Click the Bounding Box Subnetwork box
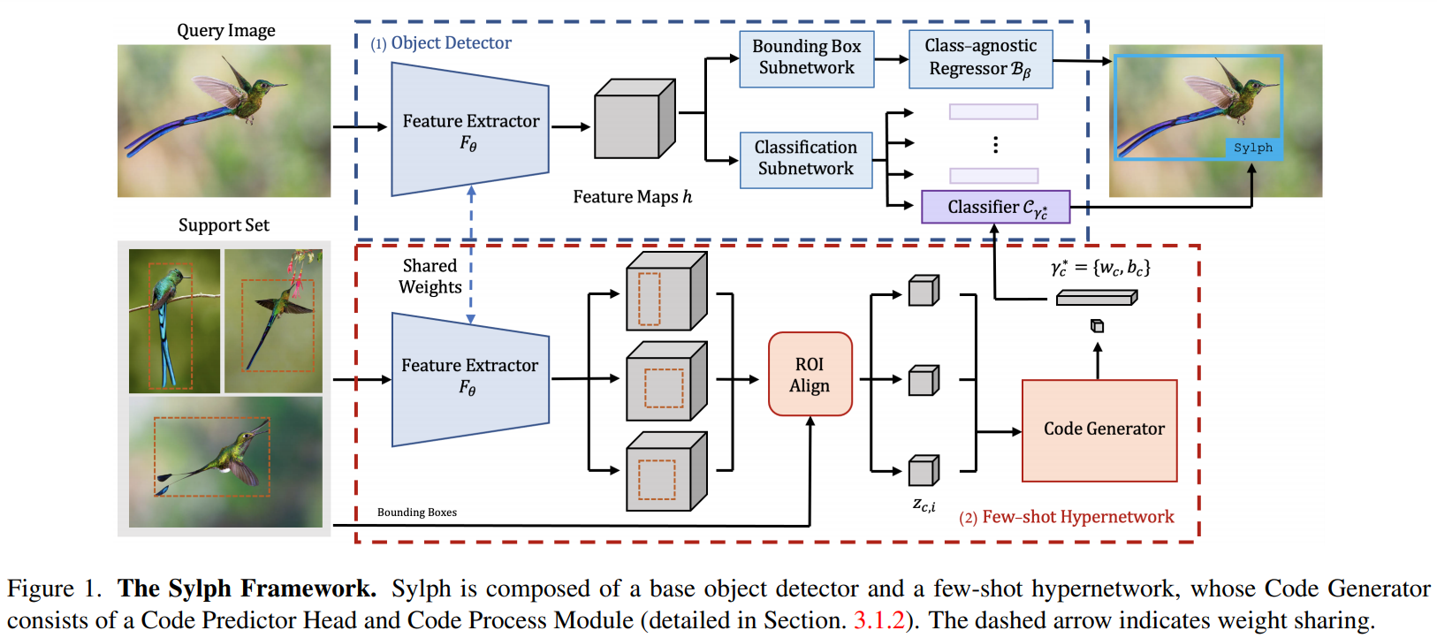806,58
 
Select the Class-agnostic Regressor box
980,58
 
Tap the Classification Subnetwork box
805,159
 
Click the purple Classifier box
995,208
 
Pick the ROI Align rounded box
810,375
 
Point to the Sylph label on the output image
1252,148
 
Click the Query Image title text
226,31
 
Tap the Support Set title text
224,225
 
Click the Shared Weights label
430,277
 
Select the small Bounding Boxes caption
417,513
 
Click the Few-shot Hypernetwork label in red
1077,517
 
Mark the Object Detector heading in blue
451,43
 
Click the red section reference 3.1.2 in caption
878,620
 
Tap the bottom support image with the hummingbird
225,461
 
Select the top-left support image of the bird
174,321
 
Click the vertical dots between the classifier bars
995,145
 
